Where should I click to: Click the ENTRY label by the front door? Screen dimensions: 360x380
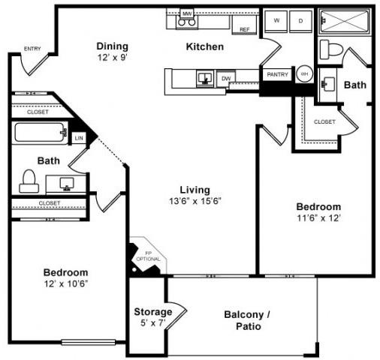point(32,49)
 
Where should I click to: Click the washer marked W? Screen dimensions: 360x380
point(277,20)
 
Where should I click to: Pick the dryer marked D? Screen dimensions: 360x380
point(300,20)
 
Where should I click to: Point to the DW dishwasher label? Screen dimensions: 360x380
point(225,78)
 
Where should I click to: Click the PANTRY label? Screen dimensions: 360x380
point(276,74)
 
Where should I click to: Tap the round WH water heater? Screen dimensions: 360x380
point(305,74)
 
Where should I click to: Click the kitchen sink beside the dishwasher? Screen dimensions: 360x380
point(204,77)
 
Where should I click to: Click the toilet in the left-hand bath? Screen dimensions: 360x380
point(29,179)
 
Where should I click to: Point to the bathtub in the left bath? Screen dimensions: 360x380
point(41,133)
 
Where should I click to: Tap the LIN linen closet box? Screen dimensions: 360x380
point(79,138)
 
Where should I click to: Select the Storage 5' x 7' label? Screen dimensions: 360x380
point(152,316)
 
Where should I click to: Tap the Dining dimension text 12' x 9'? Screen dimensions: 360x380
point(112,57)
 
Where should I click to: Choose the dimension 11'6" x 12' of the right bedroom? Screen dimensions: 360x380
point(318,218)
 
